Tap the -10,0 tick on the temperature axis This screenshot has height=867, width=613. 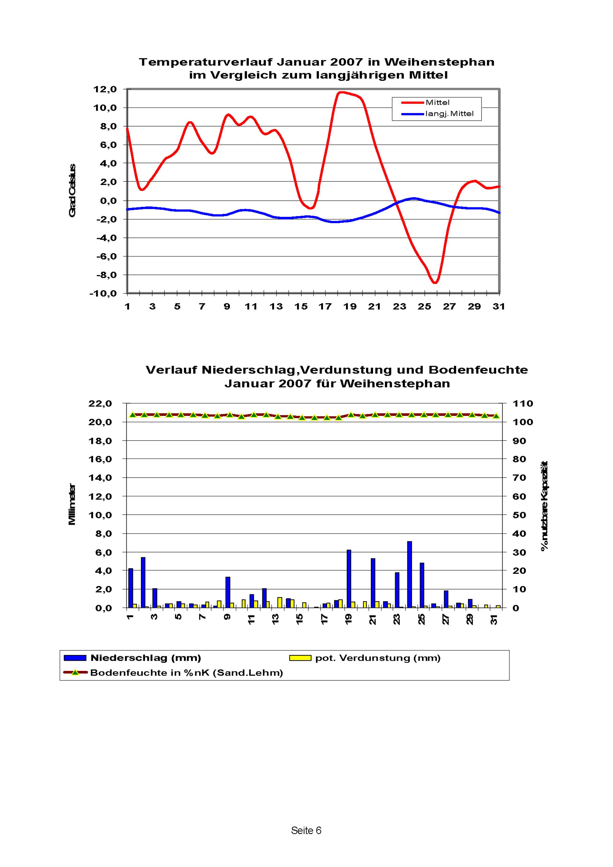coord(103,293)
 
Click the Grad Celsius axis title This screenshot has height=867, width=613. coord(72,191)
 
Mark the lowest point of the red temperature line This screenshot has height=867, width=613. coord(436,282)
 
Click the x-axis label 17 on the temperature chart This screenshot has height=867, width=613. coord(325,307)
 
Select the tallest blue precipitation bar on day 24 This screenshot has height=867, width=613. coord(409,574)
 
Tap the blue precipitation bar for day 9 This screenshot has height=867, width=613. coord(228,592)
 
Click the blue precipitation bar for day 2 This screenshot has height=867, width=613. coord(143,582)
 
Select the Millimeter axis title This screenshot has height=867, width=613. coord(72,505)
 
